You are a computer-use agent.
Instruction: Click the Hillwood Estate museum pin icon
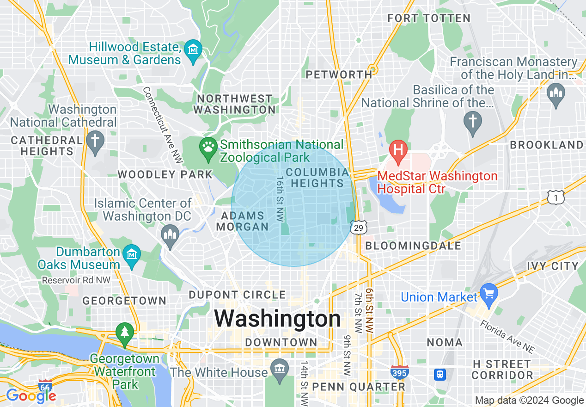(194, 48)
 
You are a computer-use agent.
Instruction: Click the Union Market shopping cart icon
(488, 293)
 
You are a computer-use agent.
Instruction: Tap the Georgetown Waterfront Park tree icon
(124, 332)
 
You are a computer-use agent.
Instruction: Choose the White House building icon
(280, 369)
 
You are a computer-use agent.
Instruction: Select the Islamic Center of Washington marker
(170, 235)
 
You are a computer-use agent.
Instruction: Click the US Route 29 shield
(358, 227)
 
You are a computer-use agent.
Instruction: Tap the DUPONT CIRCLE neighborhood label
(238, 295)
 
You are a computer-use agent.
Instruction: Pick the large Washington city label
(278, 319)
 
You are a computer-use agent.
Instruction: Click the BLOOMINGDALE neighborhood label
(413, 246)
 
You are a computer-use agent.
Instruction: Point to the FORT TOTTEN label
(429, 18)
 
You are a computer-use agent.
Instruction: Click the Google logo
(31, 396)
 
